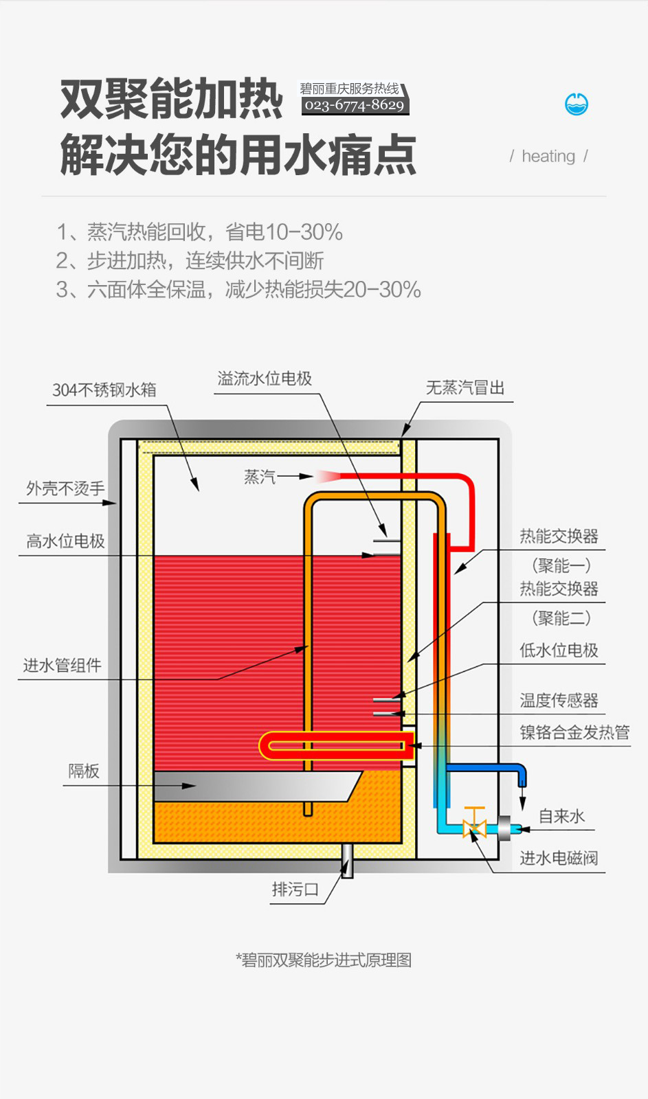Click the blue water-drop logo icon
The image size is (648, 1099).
(576, 104)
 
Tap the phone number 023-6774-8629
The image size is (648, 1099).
(355, 105)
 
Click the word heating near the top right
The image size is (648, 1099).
(548, 157)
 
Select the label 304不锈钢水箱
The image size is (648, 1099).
(104, 390)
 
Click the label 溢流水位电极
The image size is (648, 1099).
(265, 378)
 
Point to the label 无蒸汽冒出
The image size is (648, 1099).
(465, 388)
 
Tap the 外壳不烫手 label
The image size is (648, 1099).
(65, 488)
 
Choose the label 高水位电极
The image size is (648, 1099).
(65, 541)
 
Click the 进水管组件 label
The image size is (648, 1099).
(62, 665)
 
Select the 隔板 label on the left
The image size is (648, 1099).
(84, 771)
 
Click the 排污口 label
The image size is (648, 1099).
(295, 890)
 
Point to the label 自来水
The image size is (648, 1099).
(561, 816)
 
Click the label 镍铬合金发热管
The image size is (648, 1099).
(574, 732)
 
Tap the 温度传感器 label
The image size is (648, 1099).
(559, 701)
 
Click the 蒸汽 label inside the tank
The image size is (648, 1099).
(260, 477)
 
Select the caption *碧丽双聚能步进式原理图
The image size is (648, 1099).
(324, 960)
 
